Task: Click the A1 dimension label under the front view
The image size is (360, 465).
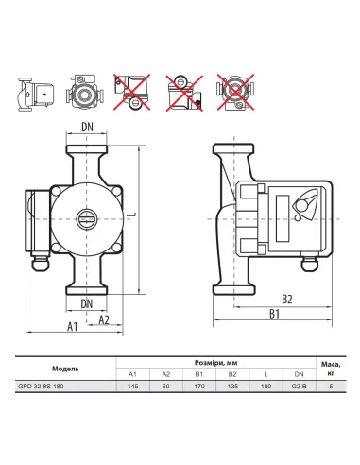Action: [73, 326]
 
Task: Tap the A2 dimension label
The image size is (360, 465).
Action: [104, 319]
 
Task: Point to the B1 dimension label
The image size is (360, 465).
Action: [274, 314]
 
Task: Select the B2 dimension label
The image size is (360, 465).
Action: [287, 299]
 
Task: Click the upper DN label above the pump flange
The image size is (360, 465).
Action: [87, 127]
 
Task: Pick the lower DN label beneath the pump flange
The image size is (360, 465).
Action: [87, 304]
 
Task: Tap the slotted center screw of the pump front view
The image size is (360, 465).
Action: [86, 218]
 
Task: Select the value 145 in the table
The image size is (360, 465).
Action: [133, 386]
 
